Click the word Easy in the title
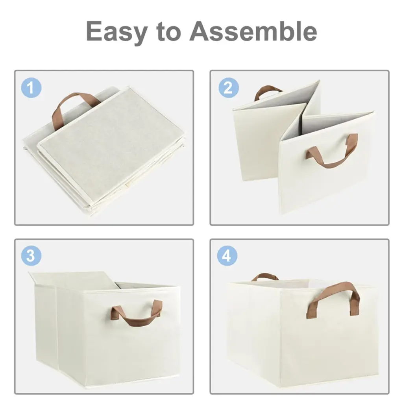(x=116, y=32)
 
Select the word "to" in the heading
(x=168, y=31)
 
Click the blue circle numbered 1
(x=31, y=88)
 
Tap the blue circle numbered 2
(x=229, y=88)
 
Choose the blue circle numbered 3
(x=31, y=256)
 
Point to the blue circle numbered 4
(x=227, y=256)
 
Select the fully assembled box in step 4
(x=303, y=331)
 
